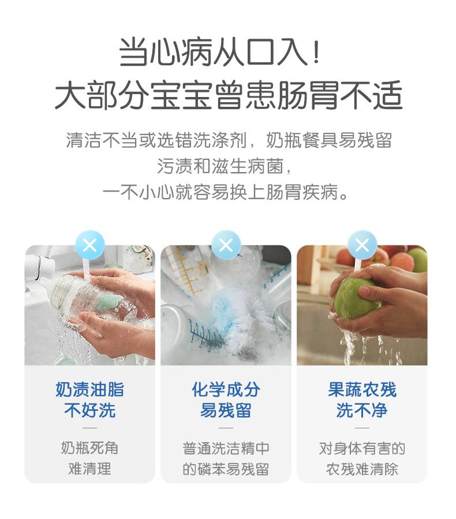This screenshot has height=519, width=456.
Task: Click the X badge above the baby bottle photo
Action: click(89, 245)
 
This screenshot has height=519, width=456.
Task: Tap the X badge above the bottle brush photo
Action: click(226, 245)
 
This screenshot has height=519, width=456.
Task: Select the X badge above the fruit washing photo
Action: click(362, 245)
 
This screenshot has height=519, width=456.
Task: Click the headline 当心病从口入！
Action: click(220, 52)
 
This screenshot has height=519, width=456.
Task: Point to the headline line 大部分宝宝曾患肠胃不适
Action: click(229, 95)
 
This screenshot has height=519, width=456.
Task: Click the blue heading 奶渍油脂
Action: click(89, 389)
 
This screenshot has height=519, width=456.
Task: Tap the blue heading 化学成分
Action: click(226, 389)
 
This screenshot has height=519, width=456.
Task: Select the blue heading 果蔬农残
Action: click(362, 389)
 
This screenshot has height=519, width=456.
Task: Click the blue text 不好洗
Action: click(89, 410)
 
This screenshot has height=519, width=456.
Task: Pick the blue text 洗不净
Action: click(362, 410)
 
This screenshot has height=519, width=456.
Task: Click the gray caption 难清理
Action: click(89, 469)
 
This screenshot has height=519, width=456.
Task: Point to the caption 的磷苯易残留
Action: click(226, 469)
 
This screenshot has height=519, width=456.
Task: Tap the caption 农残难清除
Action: click(362, 469)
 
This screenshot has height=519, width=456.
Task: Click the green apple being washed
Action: click(356, 298)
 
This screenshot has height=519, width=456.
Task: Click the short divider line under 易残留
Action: click(226, 428)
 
